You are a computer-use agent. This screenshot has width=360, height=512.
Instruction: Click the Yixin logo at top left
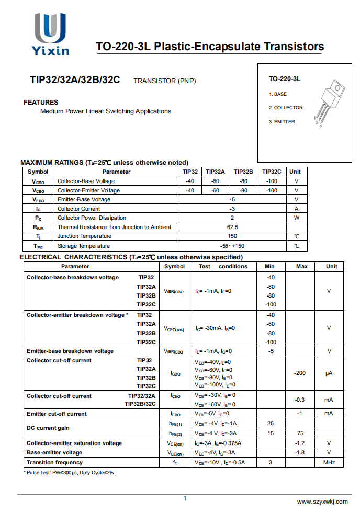(x=51, y=34)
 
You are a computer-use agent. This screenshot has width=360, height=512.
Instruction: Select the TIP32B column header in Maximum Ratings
(x=243, y=172)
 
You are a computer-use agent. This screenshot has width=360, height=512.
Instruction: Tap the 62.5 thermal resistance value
(x=232, y=227)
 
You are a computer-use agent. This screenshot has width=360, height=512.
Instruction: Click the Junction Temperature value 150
(x=232, y=236)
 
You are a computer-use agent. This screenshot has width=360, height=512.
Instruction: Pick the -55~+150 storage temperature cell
(x=232, y=246)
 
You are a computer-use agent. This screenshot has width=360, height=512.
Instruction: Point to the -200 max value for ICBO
(x=299, y=373)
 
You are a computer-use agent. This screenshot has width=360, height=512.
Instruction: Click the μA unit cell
(x=329, y=373)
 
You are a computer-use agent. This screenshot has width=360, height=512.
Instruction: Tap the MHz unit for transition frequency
(x=329, y=462)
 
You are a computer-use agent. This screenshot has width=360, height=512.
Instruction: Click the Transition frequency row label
(x=55, y=462)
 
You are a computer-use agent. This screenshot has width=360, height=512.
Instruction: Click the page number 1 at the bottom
(x=185, y=498)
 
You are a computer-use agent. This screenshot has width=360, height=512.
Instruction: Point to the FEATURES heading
(x=41, y=102)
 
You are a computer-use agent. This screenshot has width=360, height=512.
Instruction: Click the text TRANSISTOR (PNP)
(x=165, y=81)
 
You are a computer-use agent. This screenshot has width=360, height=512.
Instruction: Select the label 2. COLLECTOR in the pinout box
(x=286, y=108)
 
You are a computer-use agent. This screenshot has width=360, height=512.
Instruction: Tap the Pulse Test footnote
(x=70, y=473)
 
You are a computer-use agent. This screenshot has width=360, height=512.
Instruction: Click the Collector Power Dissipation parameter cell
(x=92, y=218)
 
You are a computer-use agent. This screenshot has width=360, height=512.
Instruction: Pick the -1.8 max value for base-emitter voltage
(x=299, y=452)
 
